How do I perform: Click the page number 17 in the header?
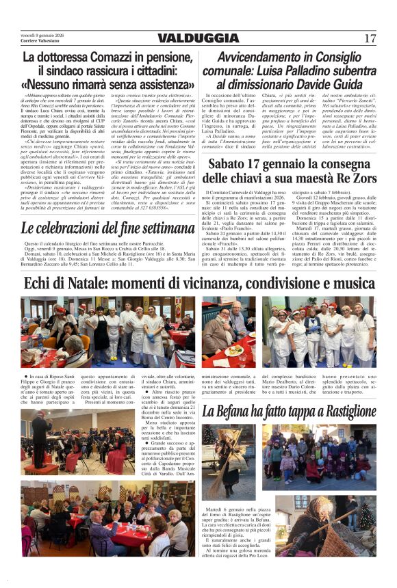click(x=370, y=38)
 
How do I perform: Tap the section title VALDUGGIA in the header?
click(x=198, y=38)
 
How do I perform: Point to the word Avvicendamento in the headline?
click(x=262, y=58)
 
